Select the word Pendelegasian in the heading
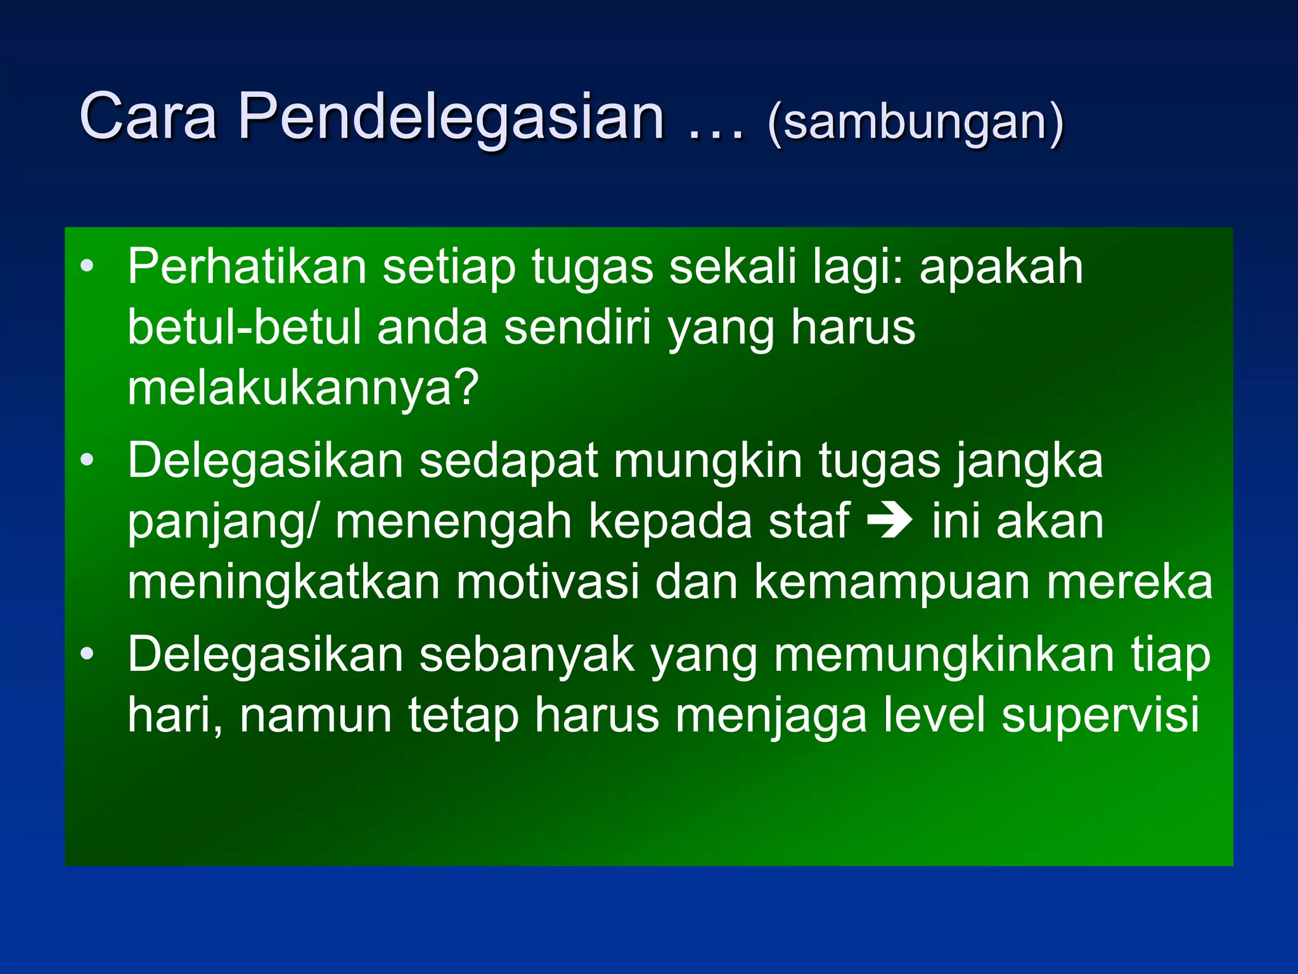tap(451, 118)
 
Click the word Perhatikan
tap(247, 267)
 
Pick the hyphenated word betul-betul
tap(244, 327)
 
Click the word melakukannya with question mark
tap(303, 388)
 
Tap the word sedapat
tap(508, 460)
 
